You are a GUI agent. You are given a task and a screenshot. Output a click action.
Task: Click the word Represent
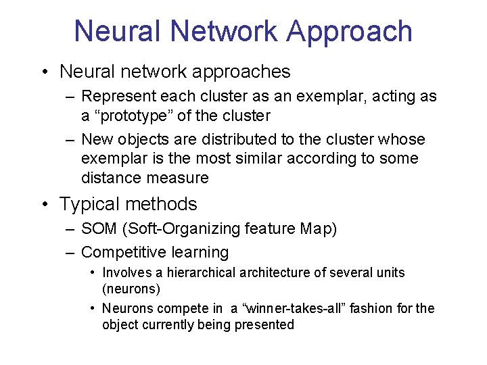pos(114,97)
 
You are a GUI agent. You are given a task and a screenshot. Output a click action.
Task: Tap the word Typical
pos(88,204)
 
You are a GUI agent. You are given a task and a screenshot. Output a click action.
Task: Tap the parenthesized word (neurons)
pos(131,289)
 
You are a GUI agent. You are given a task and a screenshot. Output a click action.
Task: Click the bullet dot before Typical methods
pos(44,204)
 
